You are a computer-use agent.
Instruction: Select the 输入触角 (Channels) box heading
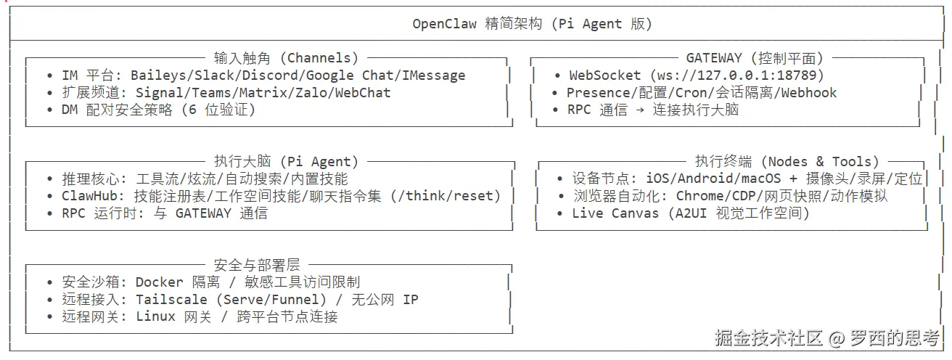point(287,57)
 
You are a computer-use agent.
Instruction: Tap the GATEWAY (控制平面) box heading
point(755,57)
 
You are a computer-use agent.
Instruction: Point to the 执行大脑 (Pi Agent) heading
point(287,161)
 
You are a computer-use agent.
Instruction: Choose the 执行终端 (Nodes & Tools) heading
point(787,161)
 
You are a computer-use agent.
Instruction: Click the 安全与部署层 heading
point(257,265)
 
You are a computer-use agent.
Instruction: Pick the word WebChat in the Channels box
point(362,93)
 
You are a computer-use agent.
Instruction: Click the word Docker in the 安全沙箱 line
point(160,282)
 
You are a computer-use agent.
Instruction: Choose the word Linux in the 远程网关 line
point(155,317)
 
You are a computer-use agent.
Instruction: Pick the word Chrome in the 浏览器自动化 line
point(699,196)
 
